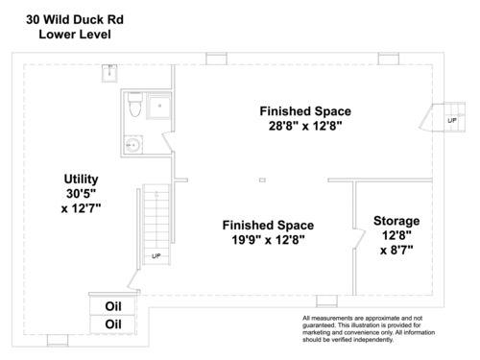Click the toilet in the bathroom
[x=135, y=105]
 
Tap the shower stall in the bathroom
[x=158, y=106]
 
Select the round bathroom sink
[x=133, y=145]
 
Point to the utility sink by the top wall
[x=109, y=73]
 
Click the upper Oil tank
[x=113, y=306]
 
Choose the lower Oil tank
[x=113, y=324]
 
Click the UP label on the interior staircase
[x=156, y=256]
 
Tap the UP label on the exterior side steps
[x=452, y=121]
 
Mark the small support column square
[x=262, y=180]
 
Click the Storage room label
[x=396, y=221]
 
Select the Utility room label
[x=81, y=179]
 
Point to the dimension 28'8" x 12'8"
[x=305, y=126]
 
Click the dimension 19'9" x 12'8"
[x=268, y=239]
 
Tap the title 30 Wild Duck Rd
[x=75, y=19]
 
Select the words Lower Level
[x=75, y=35]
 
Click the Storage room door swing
[x=360, y=238]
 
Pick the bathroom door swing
[x=168, y=141]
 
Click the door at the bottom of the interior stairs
[x=132, y=280]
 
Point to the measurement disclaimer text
[x=369, y=329]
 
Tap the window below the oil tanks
[x=58, y=341]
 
